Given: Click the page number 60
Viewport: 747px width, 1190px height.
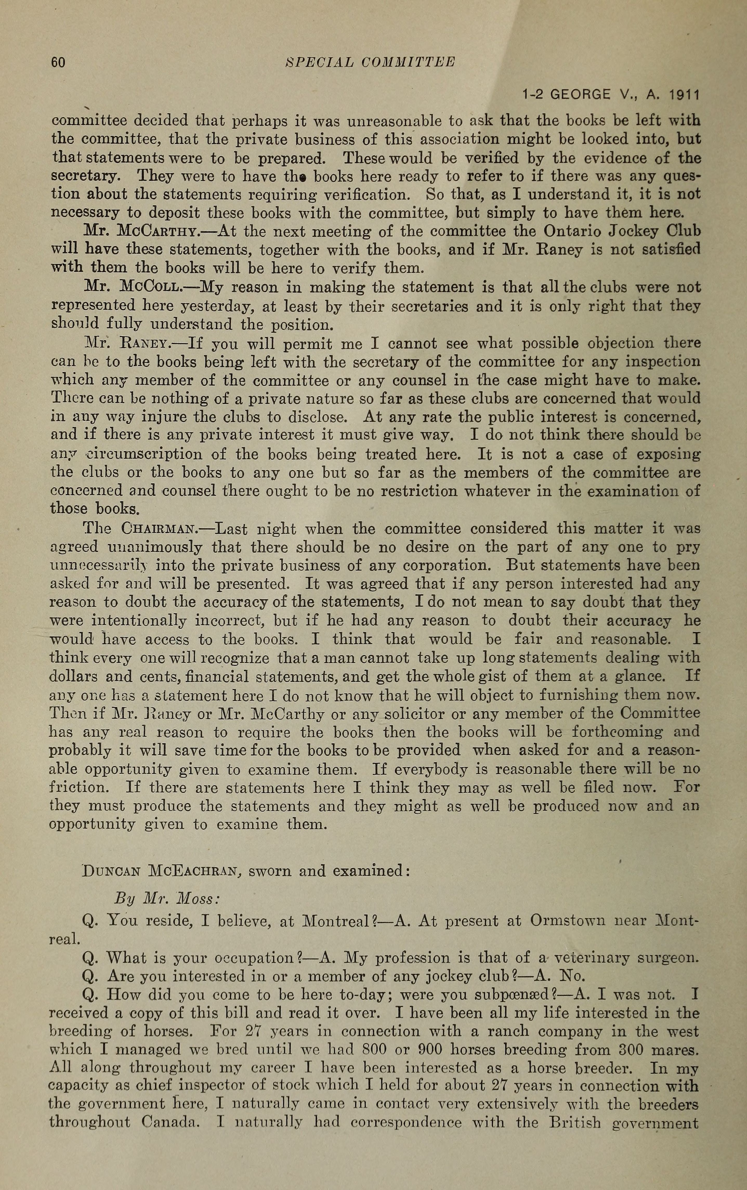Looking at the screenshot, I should coord(58,62).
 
